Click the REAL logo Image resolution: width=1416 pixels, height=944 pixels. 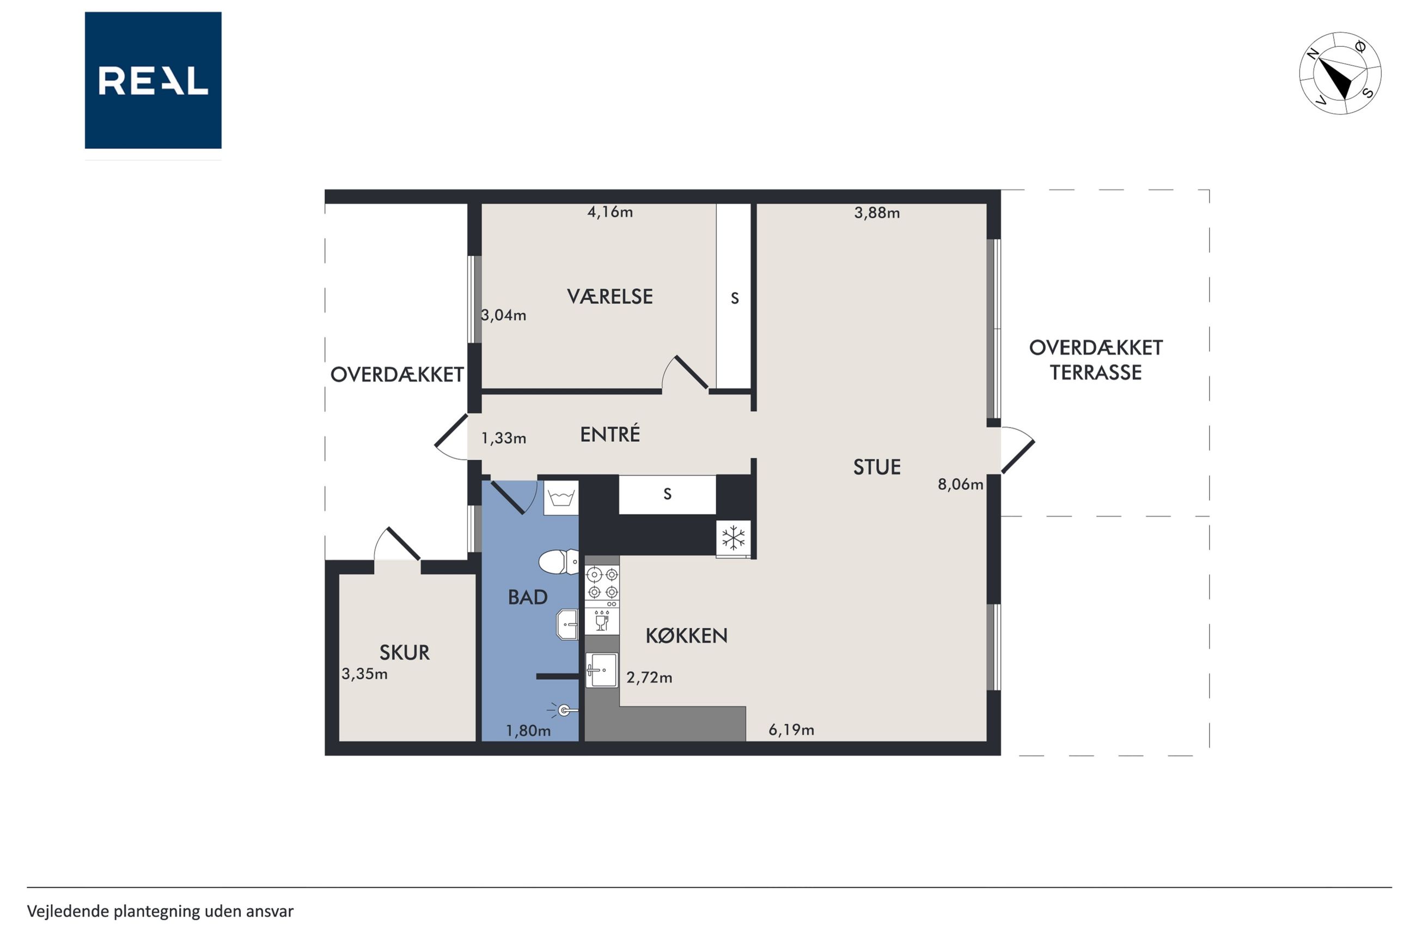(x=153, y=80)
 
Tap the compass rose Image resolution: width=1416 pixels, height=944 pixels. (x=1340, y=74)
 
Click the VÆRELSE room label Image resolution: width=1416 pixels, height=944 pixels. (x=609, y=296)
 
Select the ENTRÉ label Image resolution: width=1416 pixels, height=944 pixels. (x=609, y=434)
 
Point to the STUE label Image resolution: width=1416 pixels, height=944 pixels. (x=877, y=467)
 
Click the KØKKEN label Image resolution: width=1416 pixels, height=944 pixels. (x=687, y=635)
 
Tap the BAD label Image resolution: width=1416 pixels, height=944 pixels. (x=528, y=597)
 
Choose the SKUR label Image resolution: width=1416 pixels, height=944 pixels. (x=405, y=653)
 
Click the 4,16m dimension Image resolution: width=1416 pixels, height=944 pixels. (x=609, y=212)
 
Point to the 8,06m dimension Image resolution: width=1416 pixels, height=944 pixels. (x=961, y=484)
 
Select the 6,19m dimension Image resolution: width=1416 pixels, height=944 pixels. (x=791, y=730)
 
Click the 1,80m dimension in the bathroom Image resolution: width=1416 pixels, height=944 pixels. (x=528, y=731)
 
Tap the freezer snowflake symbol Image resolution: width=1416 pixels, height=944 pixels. (x=734, y=538)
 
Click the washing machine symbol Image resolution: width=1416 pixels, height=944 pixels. (x=561, y=498)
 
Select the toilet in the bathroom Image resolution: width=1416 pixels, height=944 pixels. (x=558, y=562)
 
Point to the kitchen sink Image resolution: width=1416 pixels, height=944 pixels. (x=602, y=669)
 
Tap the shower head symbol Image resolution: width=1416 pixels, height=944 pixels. (x=563, y=710)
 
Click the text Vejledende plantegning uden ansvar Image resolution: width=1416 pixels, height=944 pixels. (x=160, y=911)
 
